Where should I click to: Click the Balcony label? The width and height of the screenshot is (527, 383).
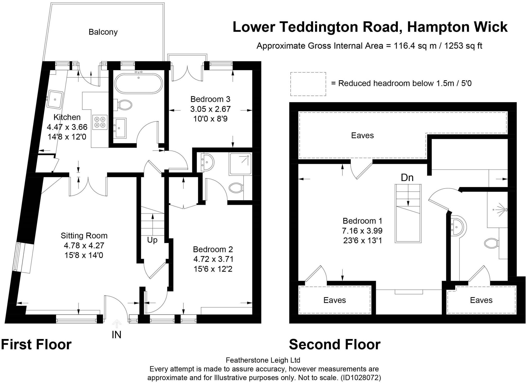tap(103, 32)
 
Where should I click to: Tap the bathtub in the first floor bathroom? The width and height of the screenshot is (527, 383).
tap(138, 84)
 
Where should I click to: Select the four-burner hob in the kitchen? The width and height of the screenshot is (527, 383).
tap(100, 122)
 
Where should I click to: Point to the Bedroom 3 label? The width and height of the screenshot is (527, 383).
tap(210, 99)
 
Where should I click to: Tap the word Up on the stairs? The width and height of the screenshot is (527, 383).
tap(152, 240)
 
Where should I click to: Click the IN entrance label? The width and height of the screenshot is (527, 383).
tap(116, 335)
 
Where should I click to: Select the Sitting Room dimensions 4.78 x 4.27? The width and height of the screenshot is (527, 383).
tap(84, 245)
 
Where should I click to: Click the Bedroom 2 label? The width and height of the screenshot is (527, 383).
tap(213, 249)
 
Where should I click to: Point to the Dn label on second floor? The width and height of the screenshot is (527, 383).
tap(407, 177)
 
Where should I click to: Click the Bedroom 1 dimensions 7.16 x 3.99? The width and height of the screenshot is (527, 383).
tap(362, 231)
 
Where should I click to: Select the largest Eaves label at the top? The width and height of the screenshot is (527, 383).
tap(362, 135)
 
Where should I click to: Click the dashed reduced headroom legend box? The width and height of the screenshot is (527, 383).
tap(308, 84)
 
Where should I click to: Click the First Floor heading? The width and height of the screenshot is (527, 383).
tap(36, 344)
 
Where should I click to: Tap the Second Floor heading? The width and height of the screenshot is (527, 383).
tap(335, 344)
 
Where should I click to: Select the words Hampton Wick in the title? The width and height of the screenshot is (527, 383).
tap(457, 27)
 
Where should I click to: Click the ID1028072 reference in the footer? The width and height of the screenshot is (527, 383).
tap(361, 378)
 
